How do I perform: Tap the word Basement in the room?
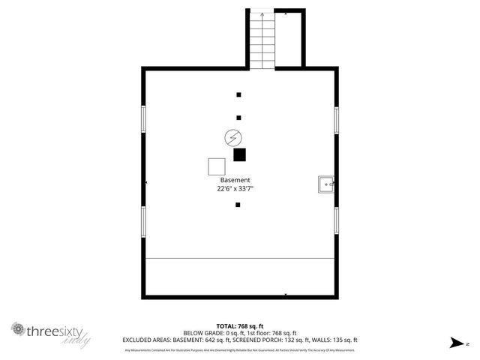click(x=235, y=181)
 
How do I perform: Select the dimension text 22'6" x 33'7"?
click(x=235, y=189)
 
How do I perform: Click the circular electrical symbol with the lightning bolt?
click(x=233, y=137)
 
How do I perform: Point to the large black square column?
click(x=239, y=154)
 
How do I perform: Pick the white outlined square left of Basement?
click(x=217, y=167)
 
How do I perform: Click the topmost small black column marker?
click(x=238, y=95)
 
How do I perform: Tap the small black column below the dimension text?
click(x=238, y=205)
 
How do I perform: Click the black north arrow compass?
click(x=456, y=343)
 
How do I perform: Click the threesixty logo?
click(x=51, y=331)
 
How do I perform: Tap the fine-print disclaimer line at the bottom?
click(x=239, y=349)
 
